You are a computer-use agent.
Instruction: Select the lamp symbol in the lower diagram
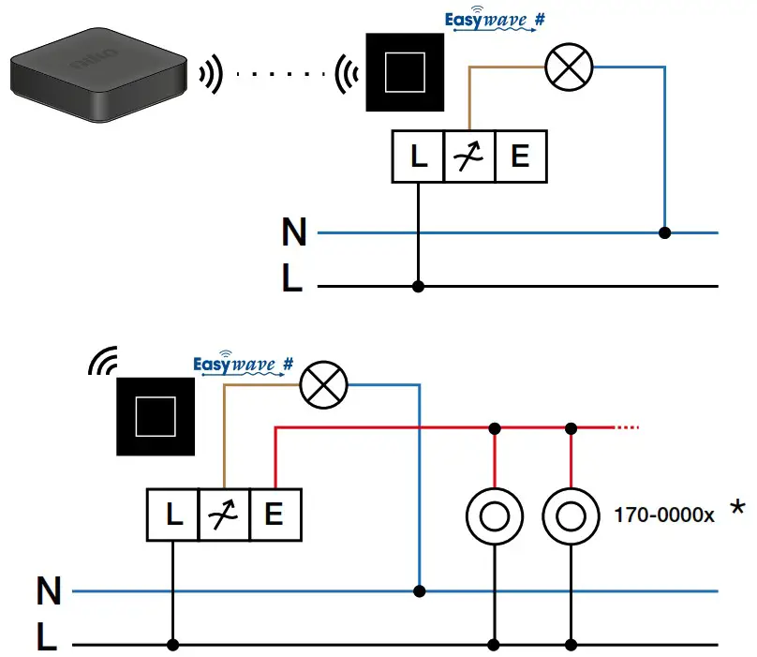point(323,383)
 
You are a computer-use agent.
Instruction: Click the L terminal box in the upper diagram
point(417,157)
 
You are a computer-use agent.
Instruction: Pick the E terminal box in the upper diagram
point(520,157)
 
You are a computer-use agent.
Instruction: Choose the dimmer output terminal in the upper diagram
point(468,157)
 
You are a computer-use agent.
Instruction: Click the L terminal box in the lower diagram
point(172,515)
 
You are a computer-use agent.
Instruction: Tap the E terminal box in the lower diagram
point(275,515)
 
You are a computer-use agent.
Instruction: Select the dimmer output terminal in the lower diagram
point(224,515)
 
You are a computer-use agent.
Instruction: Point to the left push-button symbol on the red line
point(494,515)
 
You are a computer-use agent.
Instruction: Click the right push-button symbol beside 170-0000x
point(570,515)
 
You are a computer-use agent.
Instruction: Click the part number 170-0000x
point(664,515)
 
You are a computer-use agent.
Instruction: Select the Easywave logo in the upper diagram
point(496,20)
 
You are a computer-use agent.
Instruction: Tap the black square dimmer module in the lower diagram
point(156,416)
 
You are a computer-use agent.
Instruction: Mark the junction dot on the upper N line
point(665,232)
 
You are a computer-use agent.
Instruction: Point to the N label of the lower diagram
point(49,591)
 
